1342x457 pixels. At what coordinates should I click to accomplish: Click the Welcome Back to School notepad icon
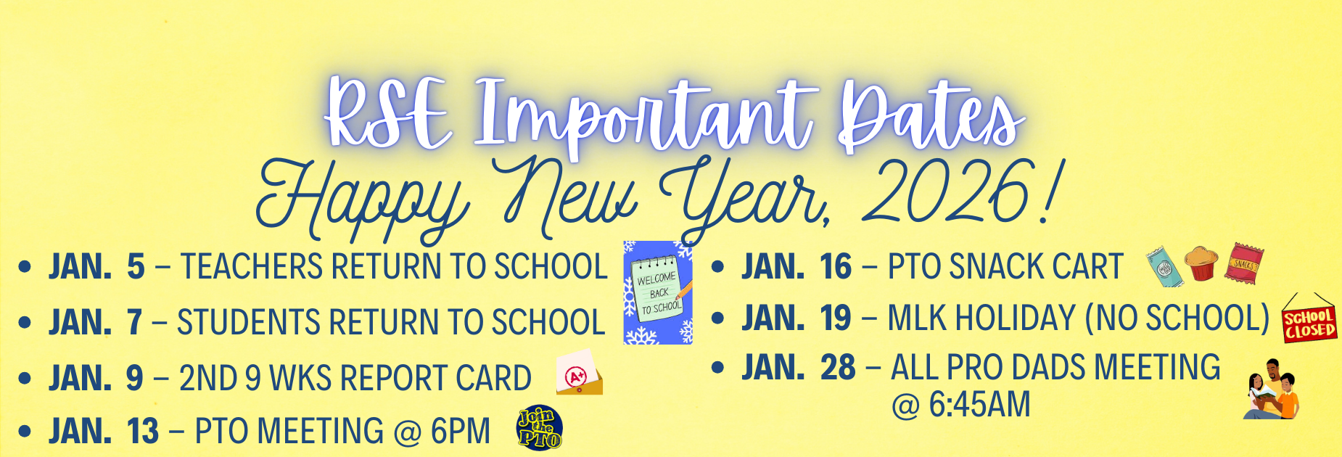click(658, 292)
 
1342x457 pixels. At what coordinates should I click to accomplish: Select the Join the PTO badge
click(539, 429)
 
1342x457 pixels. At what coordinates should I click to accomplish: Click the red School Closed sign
click(1309, 324)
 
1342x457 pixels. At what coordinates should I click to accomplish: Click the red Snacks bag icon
click(1244, 263)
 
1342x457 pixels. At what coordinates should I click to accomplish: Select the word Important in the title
click(646, 116)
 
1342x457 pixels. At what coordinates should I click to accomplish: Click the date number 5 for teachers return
click(136, 267)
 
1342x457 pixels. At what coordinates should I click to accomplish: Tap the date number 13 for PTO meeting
click(143, 432)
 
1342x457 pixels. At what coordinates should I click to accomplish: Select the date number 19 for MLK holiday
click(835, 318)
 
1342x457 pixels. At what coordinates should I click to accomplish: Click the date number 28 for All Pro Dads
click(838, 368)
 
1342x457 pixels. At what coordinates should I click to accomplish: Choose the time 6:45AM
click(979, 405)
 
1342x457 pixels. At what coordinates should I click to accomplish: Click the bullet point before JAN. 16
click(718, 267)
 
